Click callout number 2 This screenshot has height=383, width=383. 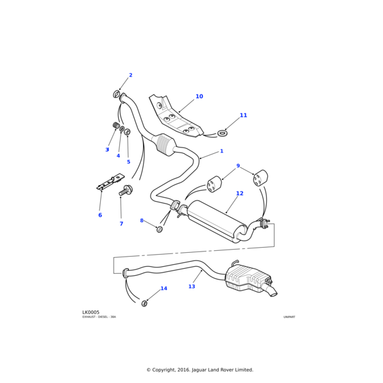131,75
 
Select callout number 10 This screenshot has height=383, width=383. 199,96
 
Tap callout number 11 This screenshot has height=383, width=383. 243,116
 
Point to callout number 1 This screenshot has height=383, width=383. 222,151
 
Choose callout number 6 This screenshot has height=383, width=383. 100,215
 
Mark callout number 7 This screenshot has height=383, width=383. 121,223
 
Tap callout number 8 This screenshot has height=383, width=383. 142,220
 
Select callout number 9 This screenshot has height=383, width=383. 238,166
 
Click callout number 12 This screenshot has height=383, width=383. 239,193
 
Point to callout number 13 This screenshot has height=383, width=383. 191,287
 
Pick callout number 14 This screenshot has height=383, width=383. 164,289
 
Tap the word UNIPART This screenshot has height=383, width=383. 289,317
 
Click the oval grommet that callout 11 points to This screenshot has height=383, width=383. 222,133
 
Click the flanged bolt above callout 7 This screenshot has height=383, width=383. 126,190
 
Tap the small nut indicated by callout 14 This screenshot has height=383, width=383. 144,303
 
